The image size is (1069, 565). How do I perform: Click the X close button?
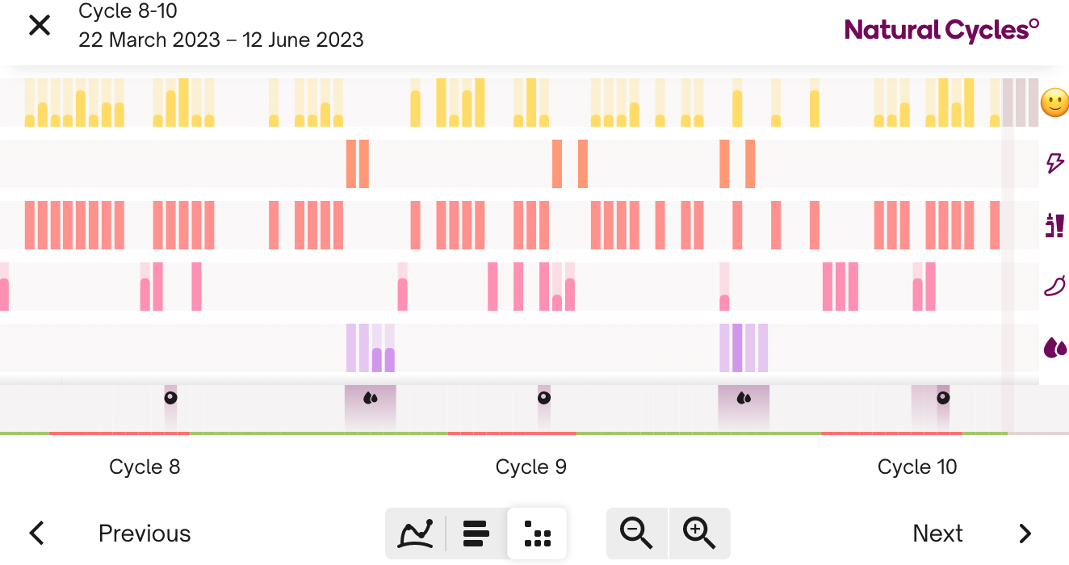[x=39, y=26]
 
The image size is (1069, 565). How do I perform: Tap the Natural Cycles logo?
[x=941, y=31]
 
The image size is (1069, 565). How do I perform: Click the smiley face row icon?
[x=1054, y=103]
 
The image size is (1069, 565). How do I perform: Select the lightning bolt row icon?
[x=1054, y=164]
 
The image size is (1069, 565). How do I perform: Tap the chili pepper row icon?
[x=1054, y=286]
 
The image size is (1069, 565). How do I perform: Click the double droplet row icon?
[x=1054, y=348]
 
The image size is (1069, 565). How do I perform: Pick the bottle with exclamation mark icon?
[x=1054, y=225]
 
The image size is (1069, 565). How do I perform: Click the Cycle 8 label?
[x=145, y=467]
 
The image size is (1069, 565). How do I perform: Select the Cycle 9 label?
[x=530, y=467]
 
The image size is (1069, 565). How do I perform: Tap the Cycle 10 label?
[x=916, y=467]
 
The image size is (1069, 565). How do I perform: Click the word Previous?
[x=145, y=534]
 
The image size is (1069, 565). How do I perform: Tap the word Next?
[x=937, y=534]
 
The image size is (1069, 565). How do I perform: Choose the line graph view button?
[x=416, y=534]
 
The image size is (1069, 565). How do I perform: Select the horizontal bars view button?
[x=476, y=534]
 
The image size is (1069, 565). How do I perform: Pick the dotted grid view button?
[x=537, y=534]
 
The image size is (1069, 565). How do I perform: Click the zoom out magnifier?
[x=637, y=534]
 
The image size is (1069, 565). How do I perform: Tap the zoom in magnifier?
[x=699, y=534]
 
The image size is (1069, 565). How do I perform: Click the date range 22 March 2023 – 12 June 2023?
[x=221, y=40]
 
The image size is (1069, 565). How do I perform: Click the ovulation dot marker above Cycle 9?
[x=544, y=398]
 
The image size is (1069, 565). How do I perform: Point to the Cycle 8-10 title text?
[x=128, y=11]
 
